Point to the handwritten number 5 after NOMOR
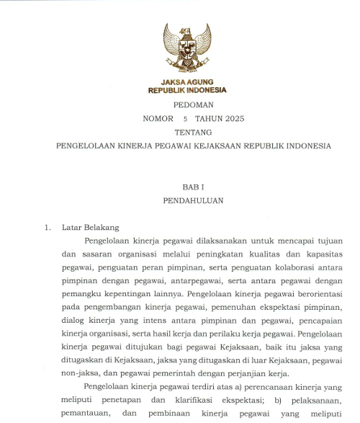click(x=185, y=118)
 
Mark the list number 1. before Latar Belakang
click(x=48, y=228)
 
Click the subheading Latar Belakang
click(x=91, y=228)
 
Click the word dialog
click(x=74, y=323)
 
